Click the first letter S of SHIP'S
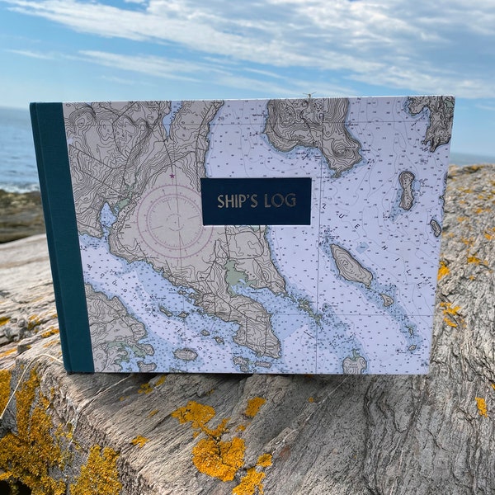tap(221, 200)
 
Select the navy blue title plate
tap(256, 201)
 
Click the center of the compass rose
tap(171, 222)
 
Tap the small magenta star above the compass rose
tap(172, 176)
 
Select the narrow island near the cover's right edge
tap(407, 190)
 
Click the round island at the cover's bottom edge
tap(355, 364)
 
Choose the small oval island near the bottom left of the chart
tap(186, 354)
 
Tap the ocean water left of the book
tap(15, 148)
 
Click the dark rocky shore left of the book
tap(18, 214)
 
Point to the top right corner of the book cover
tap(453, 97)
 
